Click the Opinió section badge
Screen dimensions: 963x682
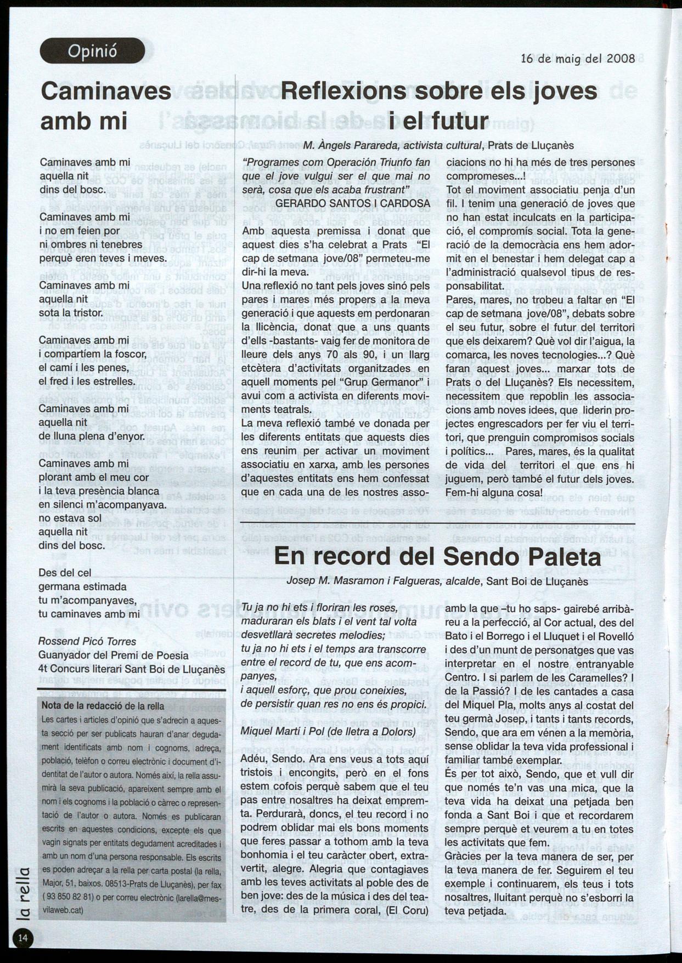point(92,52)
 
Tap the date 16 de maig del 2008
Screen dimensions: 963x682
point(577,59)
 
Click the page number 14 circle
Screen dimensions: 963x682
point(23,937)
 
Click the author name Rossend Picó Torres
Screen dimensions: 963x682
point(87,641)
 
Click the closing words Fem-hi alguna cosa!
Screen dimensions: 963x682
point(494,493)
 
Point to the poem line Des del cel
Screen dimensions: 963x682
point(65,573)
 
